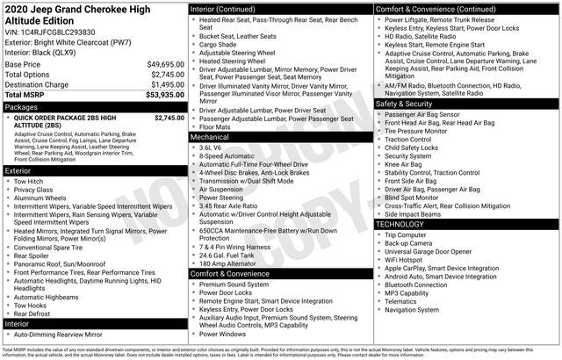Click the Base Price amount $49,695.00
(165, 64)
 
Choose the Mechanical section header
(211, 137)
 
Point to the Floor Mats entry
(216, 126)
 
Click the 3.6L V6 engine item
(210, 148)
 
